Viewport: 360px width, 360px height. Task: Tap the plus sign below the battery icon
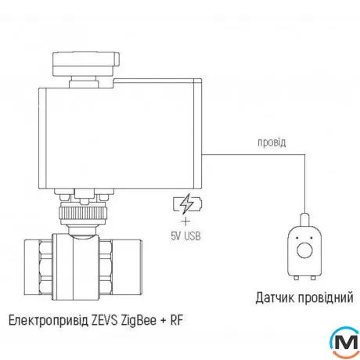click(x=185, y=221)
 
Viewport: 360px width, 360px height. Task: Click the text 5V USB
click(x=185, y=235)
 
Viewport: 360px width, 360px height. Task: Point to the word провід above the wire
click(x=272, y=143)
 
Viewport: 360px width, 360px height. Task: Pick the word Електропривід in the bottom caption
click(x=48, y=321)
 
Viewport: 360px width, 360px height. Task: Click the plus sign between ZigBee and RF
click(x=168, y=321)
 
